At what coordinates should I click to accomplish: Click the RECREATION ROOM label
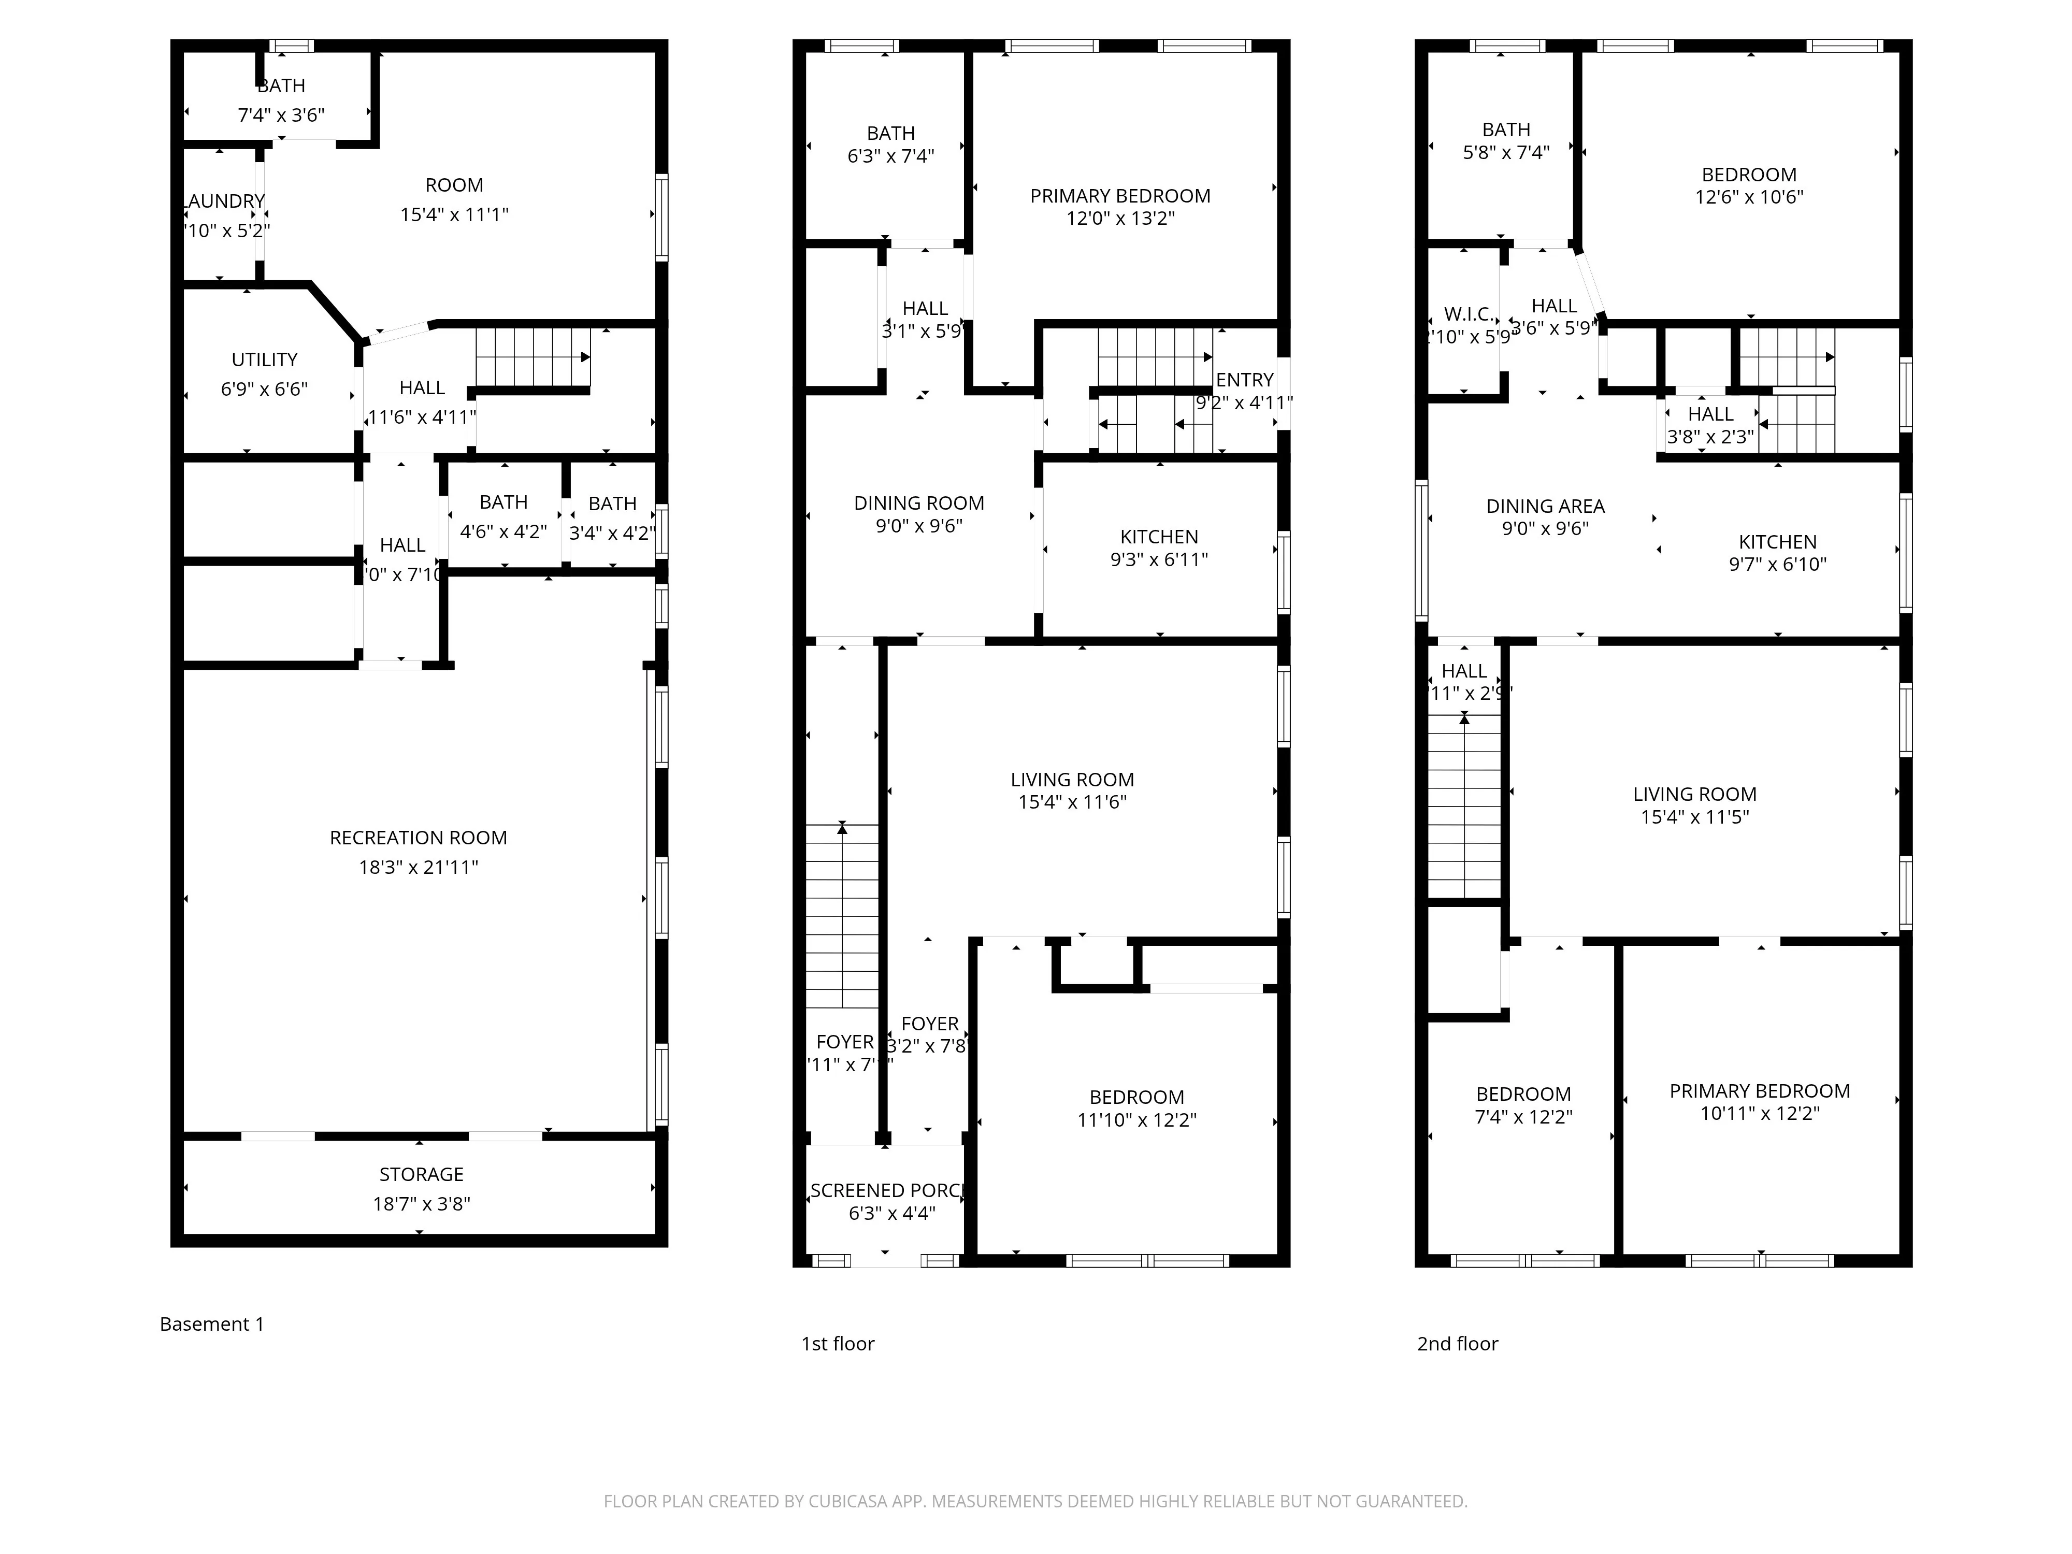point(418,838)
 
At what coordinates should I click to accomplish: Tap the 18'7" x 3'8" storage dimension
point(422,1204)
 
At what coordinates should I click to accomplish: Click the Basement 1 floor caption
point(212,1323)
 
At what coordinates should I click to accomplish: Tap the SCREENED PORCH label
point(886,1190)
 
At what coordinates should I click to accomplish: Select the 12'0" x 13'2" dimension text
point(1120,218)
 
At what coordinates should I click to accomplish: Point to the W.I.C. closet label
point(1468,314)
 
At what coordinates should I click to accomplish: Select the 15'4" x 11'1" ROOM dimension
point(454,214)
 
